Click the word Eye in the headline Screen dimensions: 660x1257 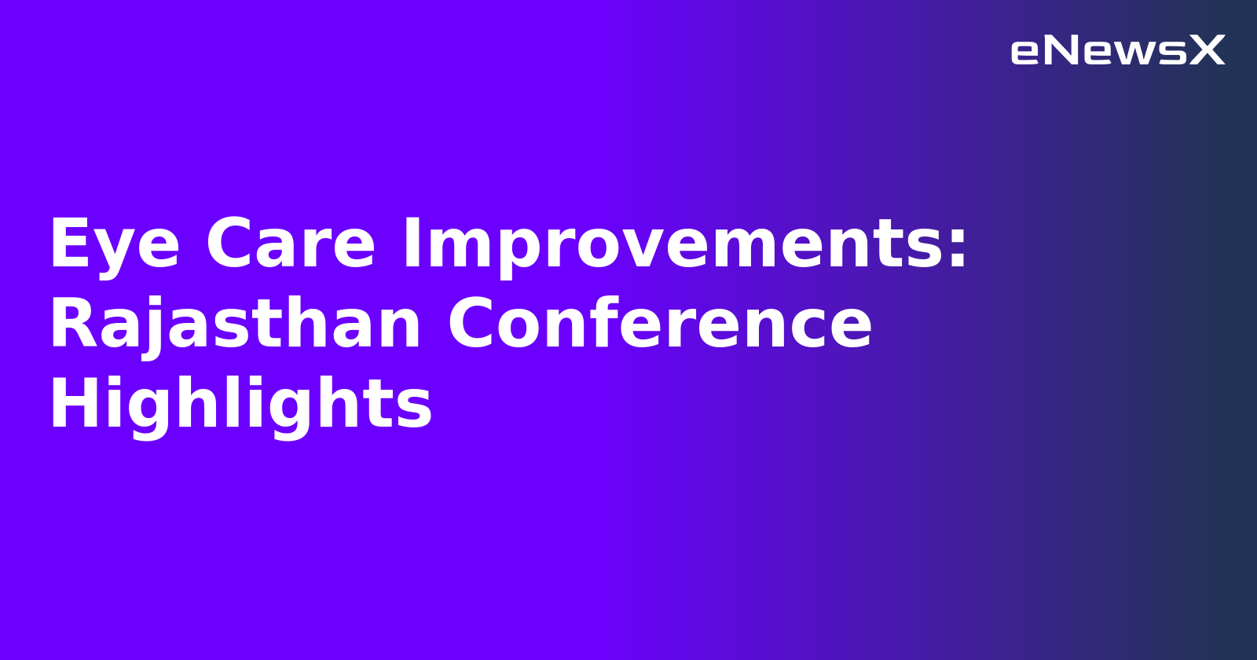[x=115, y=245]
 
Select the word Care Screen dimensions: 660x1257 [x=291, y=245]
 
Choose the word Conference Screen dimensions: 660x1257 [x=660, y=325]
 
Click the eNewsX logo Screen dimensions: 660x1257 [x=1117, y=51]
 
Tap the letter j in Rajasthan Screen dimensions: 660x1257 [x=153, y=328]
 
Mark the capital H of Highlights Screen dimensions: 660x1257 [x=73, y=404]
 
